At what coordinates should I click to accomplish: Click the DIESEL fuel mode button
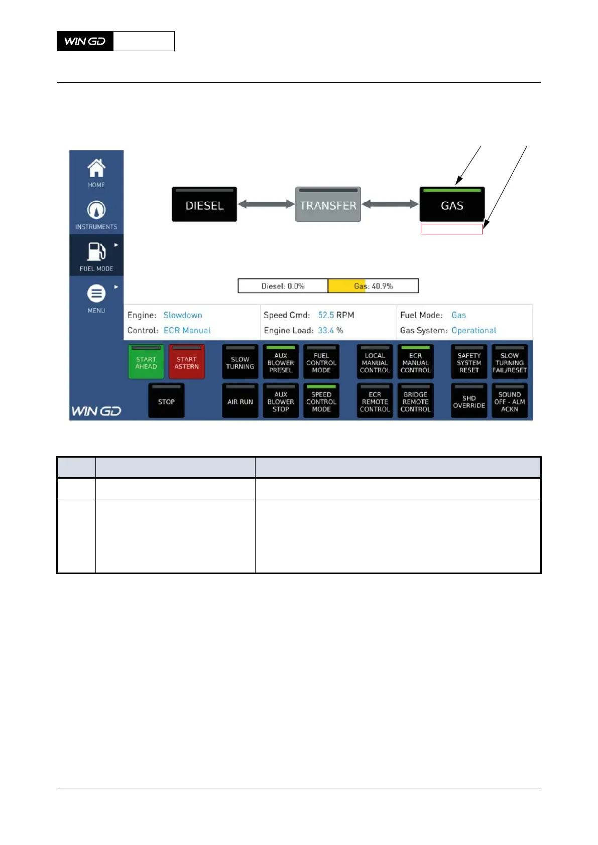pos(204,205)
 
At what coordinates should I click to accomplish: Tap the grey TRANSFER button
pos(328,205)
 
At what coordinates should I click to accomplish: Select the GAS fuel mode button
pos(452,205)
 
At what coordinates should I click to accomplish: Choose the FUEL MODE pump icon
pos(96,252)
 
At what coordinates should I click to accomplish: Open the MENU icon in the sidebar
pos(96,294)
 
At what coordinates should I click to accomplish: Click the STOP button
pos(166,401)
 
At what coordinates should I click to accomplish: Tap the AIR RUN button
pos(240,401)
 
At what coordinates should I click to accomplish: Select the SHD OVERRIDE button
pos(469,401)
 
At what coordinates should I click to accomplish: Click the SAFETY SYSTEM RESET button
pos(469,362)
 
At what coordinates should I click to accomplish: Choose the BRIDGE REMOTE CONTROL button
pos(415,401)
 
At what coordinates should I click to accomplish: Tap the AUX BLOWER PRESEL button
pos(281,362)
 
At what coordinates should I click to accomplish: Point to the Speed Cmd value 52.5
pos(326,315)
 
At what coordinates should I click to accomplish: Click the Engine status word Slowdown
pos(183,315)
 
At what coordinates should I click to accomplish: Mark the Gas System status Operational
pos(473,330)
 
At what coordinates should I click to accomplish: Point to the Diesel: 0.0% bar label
pos(283,286)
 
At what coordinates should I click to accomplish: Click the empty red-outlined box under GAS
pos(451,229)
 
